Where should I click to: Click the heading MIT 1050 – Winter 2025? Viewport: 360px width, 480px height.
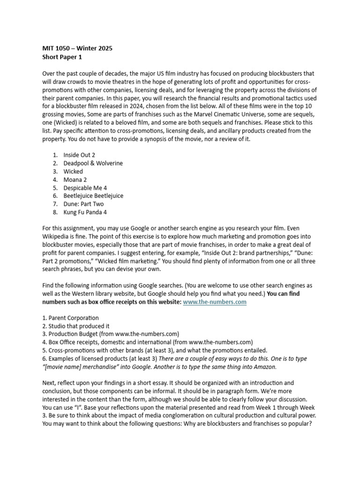(x=77, y=48)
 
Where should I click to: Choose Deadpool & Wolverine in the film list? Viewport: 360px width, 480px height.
(x=93, y=163)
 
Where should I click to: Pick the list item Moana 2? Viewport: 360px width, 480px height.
(x=75, y=180)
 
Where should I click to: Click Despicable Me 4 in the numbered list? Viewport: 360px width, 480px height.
(x=85, y=187)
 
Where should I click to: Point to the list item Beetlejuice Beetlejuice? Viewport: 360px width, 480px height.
(x=93, y=196)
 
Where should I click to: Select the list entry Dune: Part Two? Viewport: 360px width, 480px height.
(x=83, y=204)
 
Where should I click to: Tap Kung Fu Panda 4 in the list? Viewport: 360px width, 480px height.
(x=85, y=212)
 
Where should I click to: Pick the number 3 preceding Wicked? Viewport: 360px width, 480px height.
(x=55, y=172)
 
